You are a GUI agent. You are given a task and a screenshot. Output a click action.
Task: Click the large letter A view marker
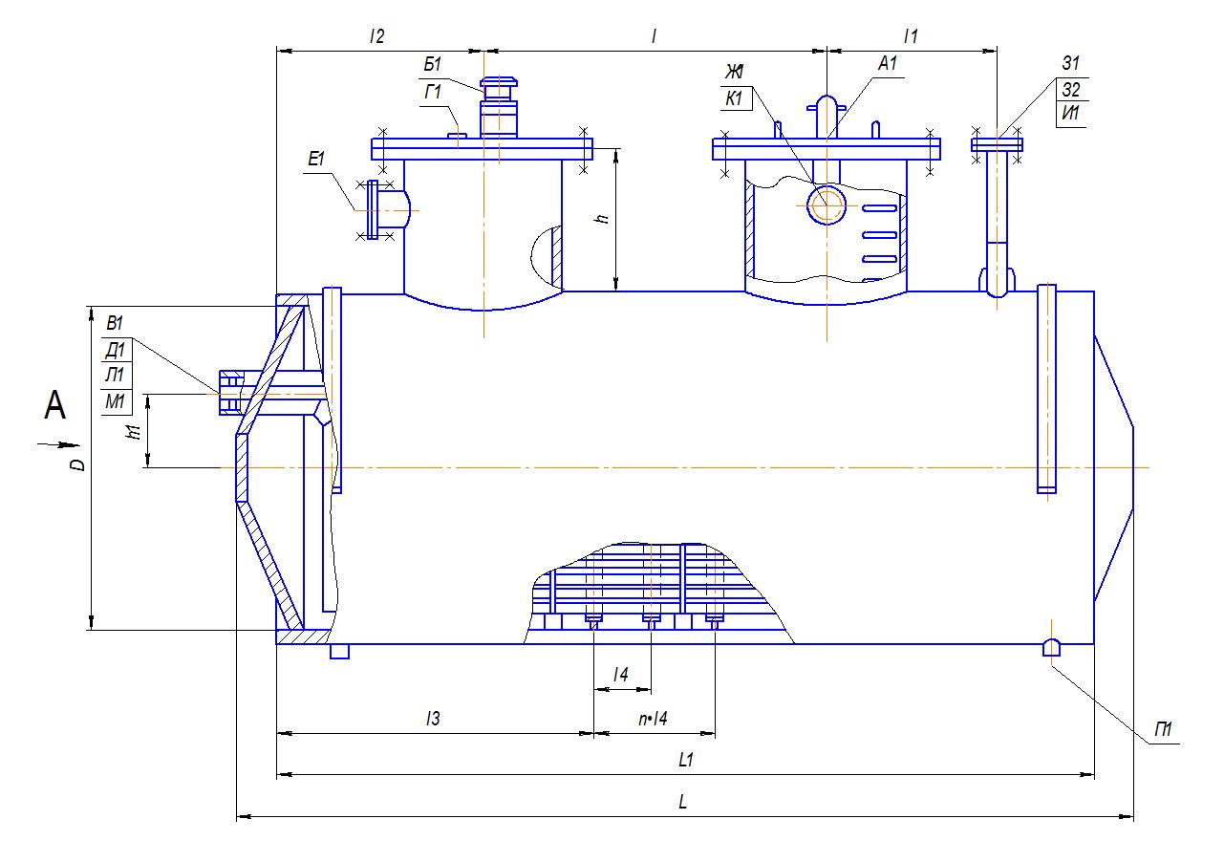[x=54, y=407]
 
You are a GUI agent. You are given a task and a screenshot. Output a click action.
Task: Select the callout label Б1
[x=432, y=65]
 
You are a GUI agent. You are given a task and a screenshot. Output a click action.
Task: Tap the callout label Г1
[x=432, y=92]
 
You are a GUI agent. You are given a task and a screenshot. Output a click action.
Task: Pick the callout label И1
[x=1070, y=115]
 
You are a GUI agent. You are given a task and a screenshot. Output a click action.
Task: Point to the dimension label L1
[x=684, y=761]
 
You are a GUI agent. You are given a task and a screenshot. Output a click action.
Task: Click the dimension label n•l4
[x=654, y=720]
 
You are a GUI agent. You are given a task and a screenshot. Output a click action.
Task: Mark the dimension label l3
[x=433, y=720]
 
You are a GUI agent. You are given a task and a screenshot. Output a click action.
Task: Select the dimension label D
[x=81, y=464]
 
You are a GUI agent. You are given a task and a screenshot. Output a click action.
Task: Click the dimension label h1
[x=135, y=431]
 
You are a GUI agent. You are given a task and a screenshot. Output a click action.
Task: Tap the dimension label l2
[x=376, y=36]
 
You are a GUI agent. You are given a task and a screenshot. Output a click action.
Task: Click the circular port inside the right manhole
[x=827, y=204]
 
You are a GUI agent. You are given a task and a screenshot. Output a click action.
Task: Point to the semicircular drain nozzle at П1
[x=1050, y=647]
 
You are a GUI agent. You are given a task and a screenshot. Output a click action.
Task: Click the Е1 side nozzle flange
[x=373, y=209]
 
